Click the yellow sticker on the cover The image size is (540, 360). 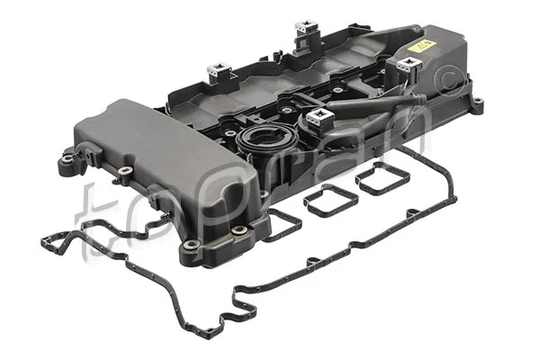(420, 45)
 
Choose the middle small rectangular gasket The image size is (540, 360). (330, 200)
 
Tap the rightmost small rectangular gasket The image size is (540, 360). (382, 179)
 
